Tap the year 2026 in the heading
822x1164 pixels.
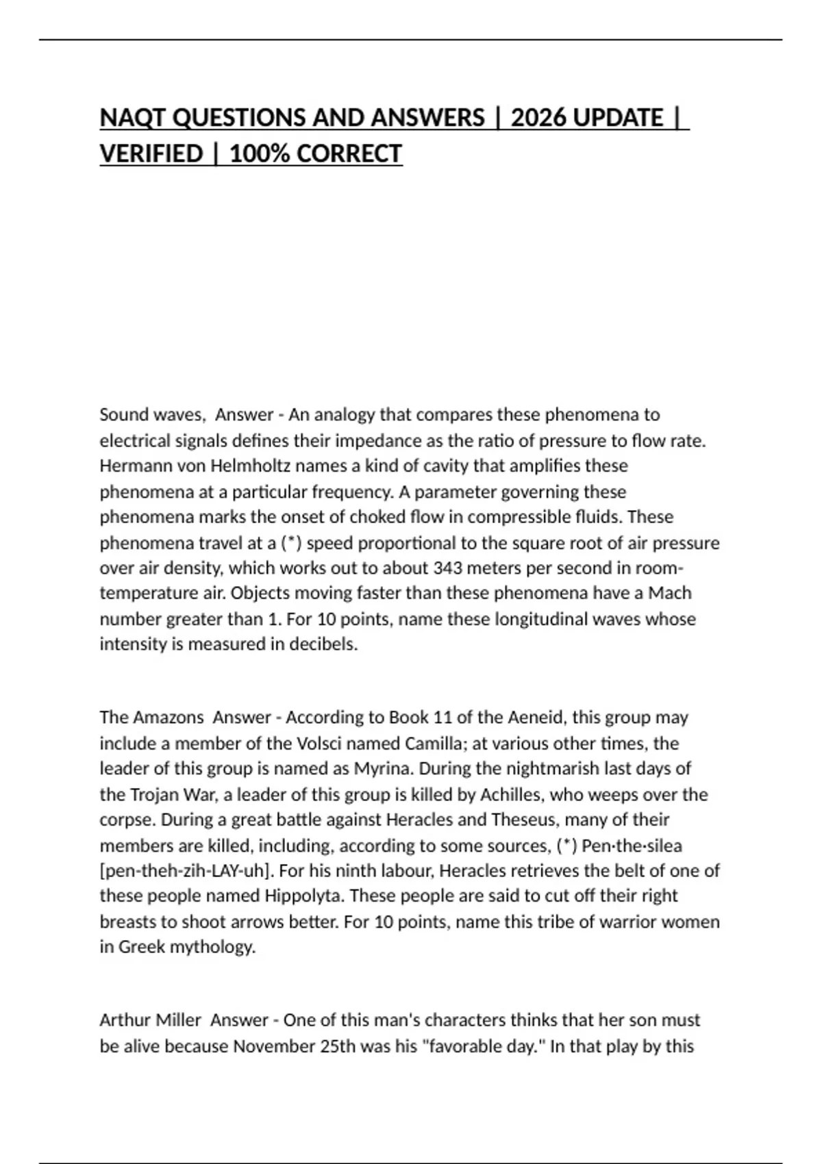(x=538, y=118)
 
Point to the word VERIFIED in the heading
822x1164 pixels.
(x=151, y=153)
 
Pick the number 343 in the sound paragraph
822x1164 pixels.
(x=447, y=568)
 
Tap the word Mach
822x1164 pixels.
(x=670, y=593)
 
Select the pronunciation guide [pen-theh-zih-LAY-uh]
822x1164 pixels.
(x=186, y=871)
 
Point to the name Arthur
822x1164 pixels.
(x=125, y=1020)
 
